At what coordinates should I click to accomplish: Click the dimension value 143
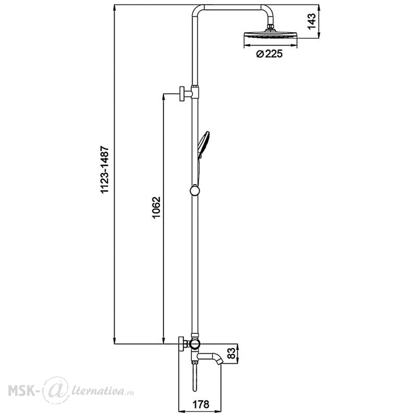(x=311, y=21)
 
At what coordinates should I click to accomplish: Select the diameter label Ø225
(x=269, y=54)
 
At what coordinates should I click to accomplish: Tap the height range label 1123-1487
(x=104, y=169)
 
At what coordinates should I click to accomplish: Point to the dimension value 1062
(x=156, y=208)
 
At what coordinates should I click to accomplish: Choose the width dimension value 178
(x=201, y=404)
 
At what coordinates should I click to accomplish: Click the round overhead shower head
(x=270, y=36)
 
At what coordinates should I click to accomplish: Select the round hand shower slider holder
(x=194, y=191)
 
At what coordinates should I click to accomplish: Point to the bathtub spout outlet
(x=219, y=361)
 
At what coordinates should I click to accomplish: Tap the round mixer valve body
(x=194, y=344)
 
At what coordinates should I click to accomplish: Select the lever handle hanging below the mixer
(x=195, y=377)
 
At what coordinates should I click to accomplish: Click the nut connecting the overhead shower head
(x=270, y=27)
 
